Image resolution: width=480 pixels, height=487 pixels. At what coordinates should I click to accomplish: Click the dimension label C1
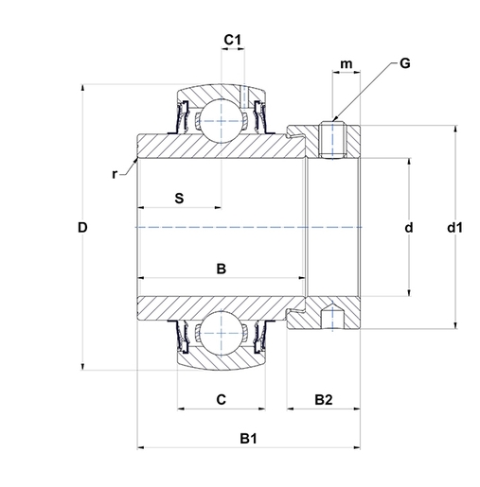232,40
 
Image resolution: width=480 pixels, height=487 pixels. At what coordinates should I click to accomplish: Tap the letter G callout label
404,63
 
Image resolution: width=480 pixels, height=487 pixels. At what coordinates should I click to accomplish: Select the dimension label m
347,64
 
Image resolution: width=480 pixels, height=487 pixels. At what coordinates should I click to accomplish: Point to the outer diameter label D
82,227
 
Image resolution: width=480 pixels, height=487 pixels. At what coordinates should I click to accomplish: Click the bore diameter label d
409,227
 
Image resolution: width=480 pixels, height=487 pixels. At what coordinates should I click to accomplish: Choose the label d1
454,227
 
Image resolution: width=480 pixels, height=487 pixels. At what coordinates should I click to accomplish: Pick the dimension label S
179,199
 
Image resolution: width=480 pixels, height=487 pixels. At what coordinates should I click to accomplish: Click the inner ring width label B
222,269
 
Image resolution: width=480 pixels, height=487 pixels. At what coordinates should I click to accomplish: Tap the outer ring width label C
222,399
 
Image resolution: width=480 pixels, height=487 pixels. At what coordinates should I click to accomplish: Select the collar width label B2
324,400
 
